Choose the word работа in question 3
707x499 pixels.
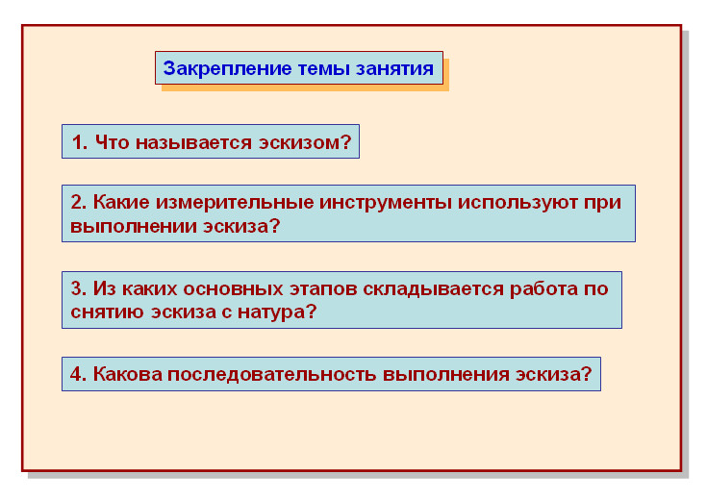tap(549, 288)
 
